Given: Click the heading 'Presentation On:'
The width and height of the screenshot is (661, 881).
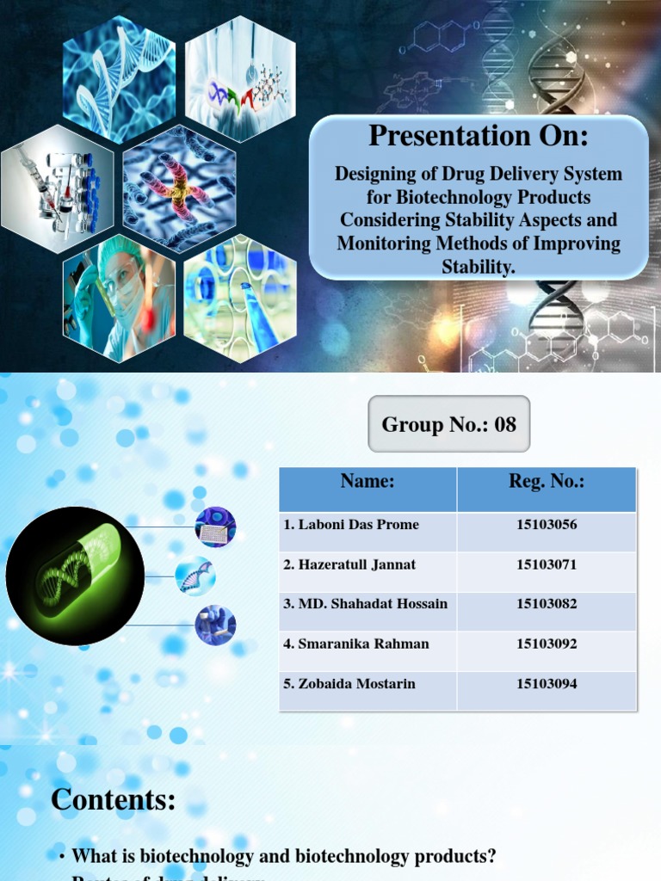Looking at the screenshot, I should tap(479, 136).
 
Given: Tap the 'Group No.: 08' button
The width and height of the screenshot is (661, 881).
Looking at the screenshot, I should tap(448, 424).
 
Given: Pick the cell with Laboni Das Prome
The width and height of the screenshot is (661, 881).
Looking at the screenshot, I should tap(351, 525).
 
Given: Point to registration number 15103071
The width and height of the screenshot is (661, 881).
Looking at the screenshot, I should tap(547, 565).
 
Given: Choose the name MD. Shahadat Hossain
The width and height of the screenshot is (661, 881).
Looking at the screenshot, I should tap(366, 604).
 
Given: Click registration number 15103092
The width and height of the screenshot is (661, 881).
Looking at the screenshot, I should tap(547, 644).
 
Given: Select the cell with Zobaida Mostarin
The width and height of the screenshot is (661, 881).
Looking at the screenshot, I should tap(349, 684).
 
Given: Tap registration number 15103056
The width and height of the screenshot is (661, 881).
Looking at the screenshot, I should tap(547, 525).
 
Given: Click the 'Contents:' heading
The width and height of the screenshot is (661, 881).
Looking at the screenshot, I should tap(114, 800).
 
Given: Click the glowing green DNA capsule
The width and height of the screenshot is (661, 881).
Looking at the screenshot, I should tap(75, 576).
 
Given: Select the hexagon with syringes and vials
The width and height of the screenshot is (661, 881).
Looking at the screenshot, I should tap(58, 188).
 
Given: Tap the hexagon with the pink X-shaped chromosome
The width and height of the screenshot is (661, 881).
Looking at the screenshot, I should tap(179, 188).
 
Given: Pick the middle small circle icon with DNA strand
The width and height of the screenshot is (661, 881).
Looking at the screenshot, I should tap(195, 576).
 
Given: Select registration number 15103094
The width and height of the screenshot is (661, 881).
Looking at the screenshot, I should tap(547, 684).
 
